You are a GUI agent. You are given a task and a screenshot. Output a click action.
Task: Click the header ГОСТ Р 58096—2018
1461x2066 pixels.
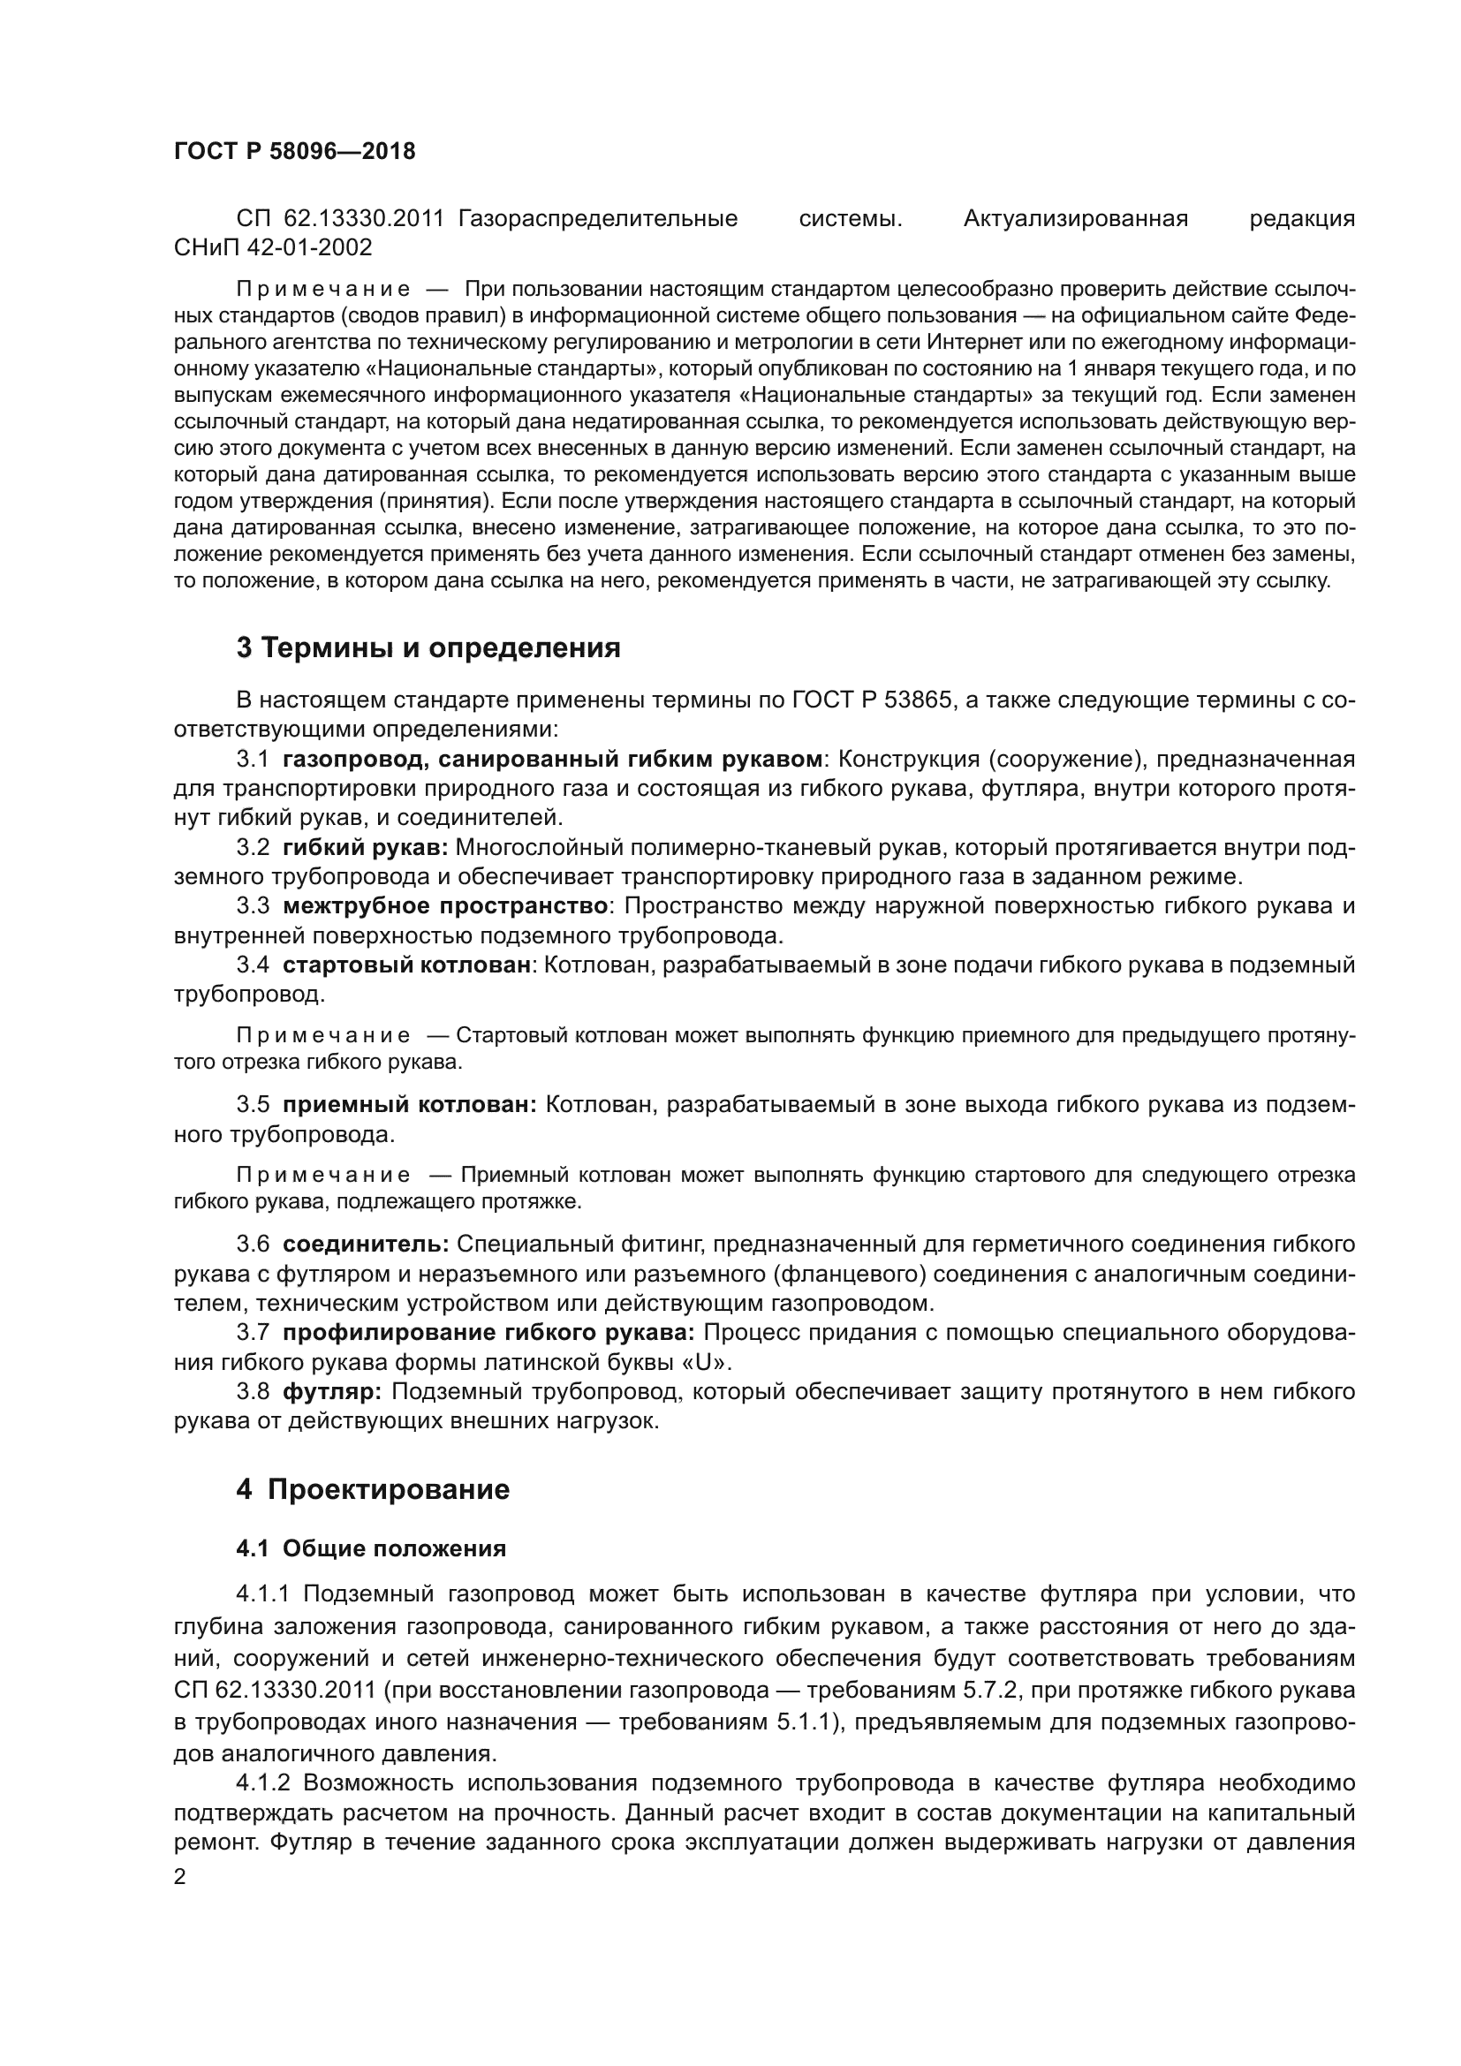pyautogui.click(x=294, y=151)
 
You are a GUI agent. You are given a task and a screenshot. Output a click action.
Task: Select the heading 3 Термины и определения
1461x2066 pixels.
pyautogui.click(x=428, y=647)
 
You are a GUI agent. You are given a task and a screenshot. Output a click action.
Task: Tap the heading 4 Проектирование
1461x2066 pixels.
pyautogui.click(x=373, y=1489)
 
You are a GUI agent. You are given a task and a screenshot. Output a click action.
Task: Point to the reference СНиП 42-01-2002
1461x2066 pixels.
pyautogui.click(x=273, y=246)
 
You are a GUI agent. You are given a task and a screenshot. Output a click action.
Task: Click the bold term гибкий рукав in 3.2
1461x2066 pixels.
pyautogui.click(x=364, y=848)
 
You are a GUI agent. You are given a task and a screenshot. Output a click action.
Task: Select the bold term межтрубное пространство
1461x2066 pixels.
pyautogui.click(x=445, y=906)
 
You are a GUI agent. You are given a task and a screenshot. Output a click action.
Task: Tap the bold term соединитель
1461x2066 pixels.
pyautogui.click(x=366, y=1245)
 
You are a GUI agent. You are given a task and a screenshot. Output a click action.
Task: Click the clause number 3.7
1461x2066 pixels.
pyautogui.click(x=253, y=1333)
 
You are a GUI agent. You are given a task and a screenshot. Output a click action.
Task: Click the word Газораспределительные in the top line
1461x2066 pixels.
pyautogui.click(x=597, y=219)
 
